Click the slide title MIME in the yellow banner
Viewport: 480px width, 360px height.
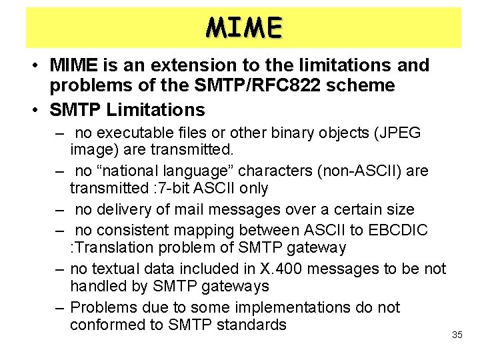[244, 27]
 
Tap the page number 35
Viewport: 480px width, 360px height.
[457, 335]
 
